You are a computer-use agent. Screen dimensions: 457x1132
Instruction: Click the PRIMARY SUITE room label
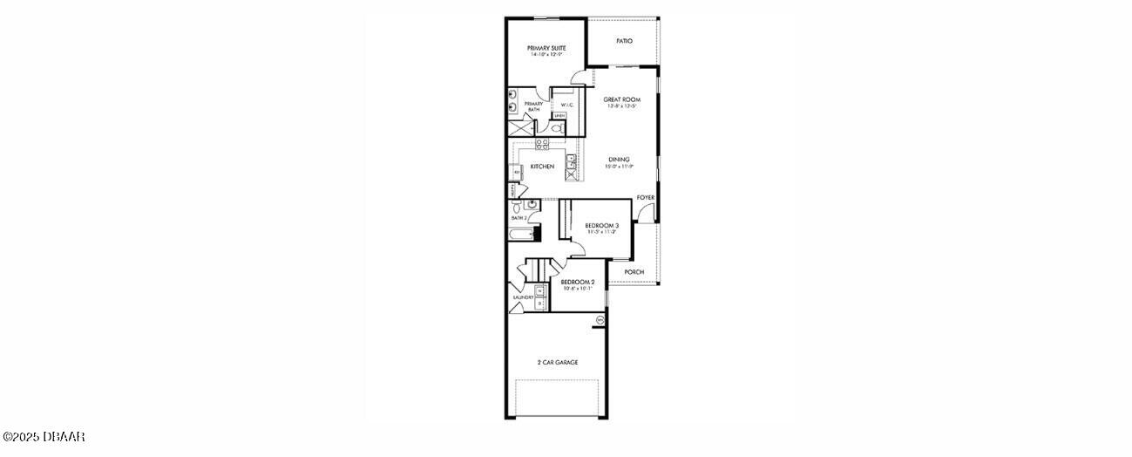click(x=546, y=48)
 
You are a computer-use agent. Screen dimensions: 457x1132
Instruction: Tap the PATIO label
click(x=624, y=41)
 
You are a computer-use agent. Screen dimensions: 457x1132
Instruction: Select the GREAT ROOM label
click(x=622, y=99)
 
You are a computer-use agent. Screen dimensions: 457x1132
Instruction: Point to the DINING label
click(x=619, y=160)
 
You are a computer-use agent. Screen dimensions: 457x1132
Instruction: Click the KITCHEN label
click(x=542, y=167)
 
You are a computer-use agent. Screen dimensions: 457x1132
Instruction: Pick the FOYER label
click(x=645, y=198)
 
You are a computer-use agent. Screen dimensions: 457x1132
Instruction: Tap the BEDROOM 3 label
click(x=601, y=225)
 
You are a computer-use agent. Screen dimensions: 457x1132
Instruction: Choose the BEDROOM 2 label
click(x=577, y=282)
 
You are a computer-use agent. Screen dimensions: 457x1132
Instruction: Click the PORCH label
click(x=634, y=272)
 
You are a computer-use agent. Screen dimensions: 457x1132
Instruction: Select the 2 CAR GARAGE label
click(x=558, y=362)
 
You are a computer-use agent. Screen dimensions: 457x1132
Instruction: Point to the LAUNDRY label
click(x=523, y=297)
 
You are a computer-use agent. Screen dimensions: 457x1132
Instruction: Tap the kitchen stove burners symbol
click(x=541, y=144)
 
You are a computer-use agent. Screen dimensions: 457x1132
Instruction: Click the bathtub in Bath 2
click(x=520, y=234)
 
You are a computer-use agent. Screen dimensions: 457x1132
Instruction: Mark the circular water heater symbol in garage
click(x=600, y=320)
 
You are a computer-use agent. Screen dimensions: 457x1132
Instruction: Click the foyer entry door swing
click(x=643, y=214)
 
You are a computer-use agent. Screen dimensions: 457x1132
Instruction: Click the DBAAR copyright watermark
click(x=44, y=436)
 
